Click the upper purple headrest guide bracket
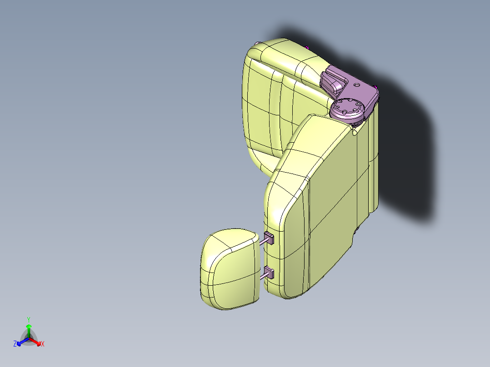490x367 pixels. pyautogui.click(x=269, y=238)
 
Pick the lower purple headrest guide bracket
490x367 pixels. pyautogui.click(x=269, y=273)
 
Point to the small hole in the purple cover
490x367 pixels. pyautogui.click(x=356, y=84)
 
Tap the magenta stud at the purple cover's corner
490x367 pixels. pyautogui.click(x=375, y=87)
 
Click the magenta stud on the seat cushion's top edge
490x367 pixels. pyautogui.click(x=307, y=48)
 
